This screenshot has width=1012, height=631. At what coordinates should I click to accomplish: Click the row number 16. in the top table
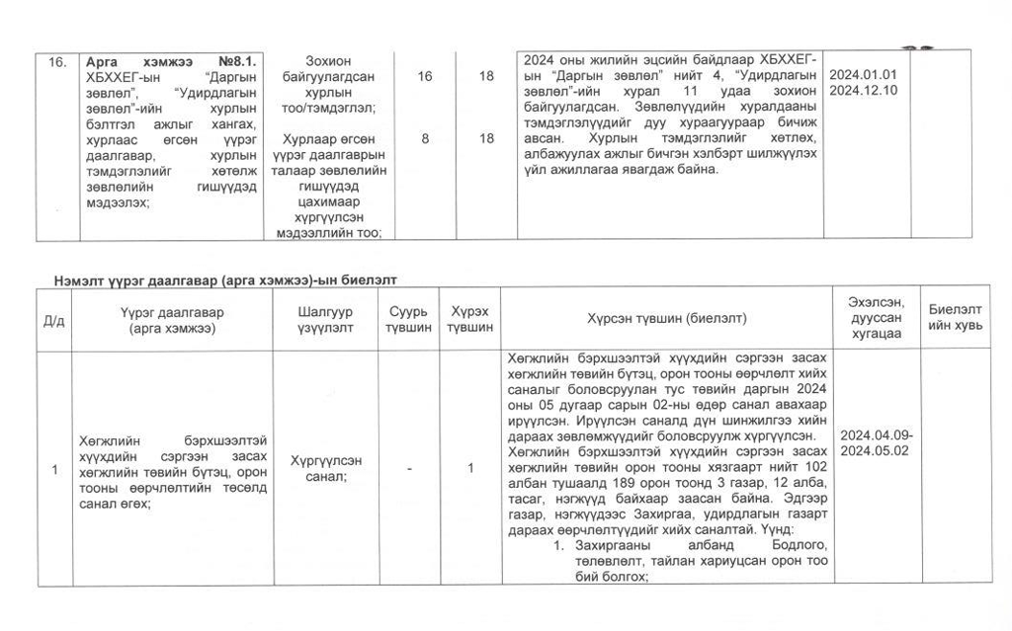[x=57, y=61]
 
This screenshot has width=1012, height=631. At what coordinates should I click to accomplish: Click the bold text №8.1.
[x=237, y=61]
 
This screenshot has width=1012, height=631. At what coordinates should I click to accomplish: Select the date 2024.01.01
[x=863, y=74]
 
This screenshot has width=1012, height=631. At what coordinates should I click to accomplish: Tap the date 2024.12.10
[x=863, y=90]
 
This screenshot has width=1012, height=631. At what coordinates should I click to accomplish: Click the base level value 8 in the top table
[x=425, y=139]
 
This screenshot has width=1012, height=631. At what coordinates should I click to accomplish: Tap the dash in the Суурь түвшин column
[x=408, y=469]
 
